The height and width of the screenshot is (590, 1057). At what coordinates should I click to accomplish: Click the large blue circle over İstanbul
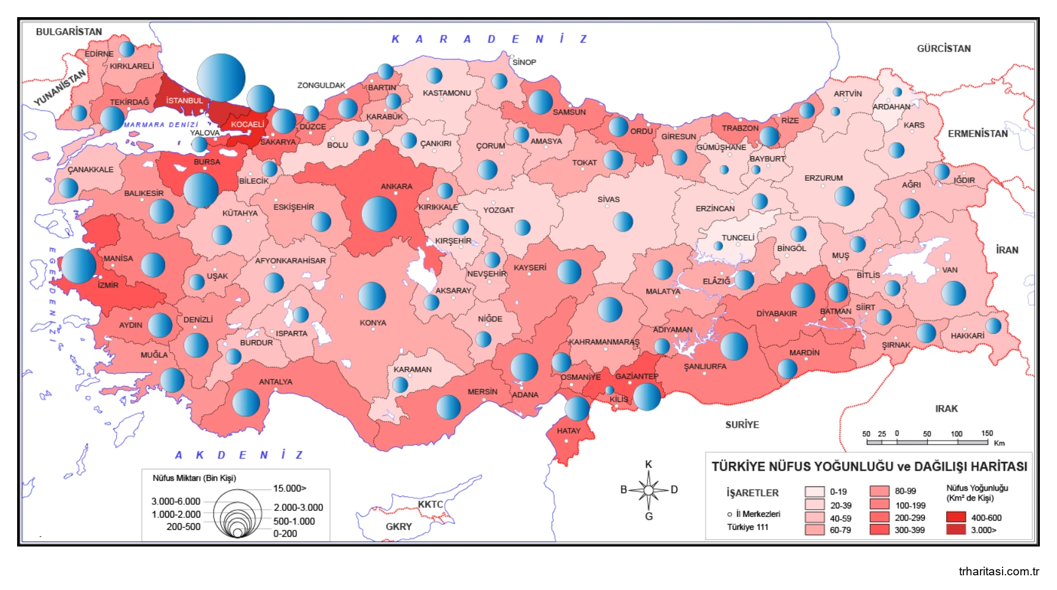[221, 77]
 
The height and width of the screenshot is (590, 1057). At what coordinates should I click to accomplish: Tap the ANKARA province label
[397, 186]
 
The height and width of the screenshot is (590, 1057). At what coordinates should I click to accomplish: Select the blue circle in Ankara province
[379, 214]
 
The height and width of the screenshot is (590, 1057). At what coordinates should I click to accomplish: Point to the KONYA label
[373, 323]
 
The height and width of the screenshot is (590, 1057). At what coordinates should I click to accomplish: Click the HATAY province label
[569, 431]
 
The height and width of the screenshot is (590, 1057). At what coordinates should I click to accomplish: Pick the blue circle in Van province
[953, 293]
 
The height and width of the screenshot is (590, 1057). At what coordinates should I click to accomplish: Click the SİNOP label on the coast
[525, 62]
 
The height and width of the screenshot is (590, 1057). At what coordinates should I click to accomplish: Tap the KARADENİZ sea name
[490, 39]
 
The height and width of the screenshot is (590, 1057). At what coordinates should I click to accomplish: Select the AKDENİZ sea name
[239, 455]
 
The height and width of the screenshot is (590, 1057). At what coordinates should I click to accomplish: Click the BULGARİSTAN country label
[69, 32]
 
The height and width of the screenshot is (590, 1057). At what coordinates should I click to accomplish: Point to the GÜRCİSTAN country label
[943, 48]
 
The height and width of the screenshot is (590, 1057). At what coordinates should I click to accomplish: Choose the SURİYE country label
[742, 425]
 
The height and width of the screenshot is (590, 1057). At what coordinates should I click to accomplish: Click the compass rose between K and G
[648, 490]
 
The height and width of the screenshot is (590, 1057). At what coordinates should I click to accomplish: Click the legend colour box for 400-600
[955, 518]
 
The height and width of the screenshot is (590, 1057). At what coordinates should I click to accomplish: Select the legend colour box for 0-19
[815, 492]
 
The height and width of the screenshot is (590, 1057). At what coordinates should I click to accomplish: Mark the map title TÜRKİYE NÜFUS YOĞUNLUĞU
[869, 467]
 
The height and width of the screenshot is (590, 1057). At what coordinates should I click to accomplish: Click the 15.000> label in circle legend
[289, 488]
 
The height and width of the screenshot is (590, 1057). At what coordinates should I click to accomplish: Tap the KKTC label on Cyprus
[430, 504]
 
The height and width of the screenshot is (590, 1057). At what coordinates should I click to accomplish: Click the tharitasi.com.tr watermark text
[998, 572]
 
